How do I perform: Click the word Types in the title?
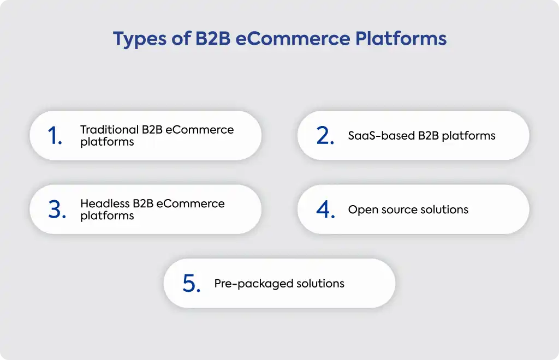pos(139,39)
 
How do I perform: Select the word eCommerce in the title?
pos(293,38)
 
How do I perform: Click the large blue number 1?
pos(55,136)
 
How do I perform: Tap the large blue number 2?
pos(325,136)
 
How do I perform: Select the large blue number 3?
pos(57,209)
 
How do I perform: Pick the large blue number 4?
pos(325,209)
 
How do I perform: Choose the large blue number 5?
pos(192,284)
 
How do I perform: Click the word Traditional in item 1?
pos(109,129)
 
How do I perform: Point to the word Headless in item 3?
pos(105,203)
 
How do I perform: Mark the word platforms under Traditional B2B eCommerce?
pos(107,142)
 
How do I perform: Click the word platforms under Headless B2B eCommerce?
pos(107,216)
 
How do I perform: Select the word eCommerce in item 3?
pos(191,203)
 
